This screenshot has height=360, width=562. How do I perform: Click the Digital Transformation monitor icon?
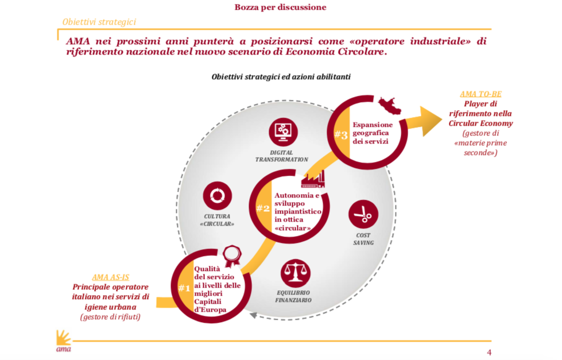tap(282, 130)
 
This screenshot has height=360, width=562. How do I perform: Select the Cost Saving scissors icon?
tap(363, 215)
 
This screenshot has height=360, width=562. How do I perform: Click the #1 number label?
tap(184, 288)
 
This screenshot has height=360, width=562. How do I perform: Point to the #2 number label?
tap(263, 208)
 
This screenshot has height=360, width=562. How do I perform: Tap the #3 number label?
tap(341, 135)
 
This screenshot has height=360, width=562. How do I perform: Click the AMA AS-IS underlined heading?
tap(110, 277)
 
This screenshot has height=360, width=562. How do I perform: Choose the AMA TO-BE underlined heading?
tap(480, 94)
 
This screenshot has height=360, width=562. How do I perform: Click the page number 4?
tap(489, 353)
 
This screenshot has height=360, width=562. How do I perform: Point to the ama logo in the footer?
tap(63, 342)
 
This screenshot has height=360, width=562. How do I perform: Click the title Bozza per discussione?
tap(280, 7)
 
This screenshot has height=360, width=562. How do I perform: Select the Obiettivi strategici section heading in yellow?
tap(99, 22)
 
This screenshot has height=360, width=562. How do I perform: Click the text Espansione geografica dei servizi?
tap(373, 133)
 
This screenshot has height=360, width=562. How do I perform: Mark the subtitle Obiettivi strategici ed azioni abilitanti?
tap(281, 76)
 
